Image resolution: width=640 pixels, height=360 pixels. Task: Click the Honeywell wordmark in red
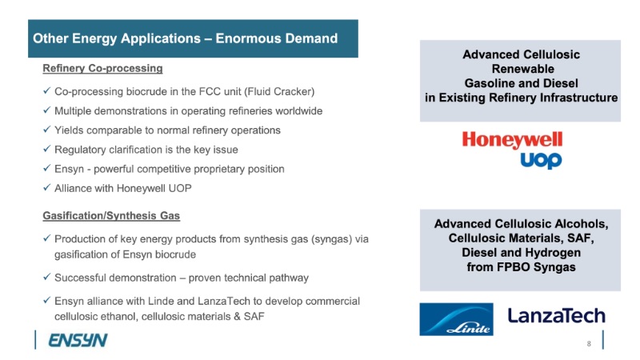(x=512, y=140)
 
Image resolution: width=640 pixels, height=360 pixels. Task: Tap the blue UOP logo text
(x=541, y=161)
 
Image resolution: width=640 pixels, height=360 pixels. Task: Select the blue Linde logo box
(x=456, y=319)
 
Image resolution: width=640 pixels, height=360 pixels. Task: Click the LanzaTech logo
(x=556, y=316)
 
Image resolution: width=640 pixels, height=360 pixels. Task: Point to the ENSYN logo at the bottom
(x=78, y=340)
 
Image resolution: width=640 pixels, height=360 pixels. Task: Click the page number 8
(x=589, y=344)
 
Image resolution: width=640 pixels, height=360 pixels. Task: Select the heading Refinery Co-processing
(x=102, y=68)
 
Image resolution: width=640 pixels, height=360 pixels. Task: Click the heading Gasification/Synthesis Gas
(x=111, y=215)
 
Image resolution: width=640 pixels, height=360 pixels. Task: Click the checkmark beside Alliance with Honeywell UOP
(x=47, y=188)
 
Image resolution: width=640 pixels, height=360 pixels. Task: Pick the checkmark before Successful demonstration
(x=47, y=277)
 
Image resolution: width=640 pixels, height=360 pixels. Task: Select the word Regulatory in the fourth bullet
(x=80, y=150)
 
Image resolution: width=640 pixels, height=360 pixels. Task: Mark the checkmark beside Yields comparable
(x=47, y=130)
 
